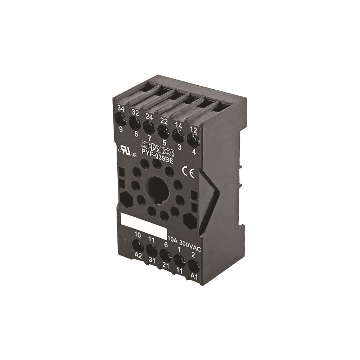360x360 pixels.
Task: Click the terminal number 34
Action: point(121,109)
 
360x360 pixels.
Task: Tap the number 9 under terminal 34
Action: point(121,130)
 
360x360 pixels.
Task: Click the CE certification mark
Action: point(188,173)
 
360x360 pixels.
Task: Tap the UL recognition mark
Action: point(127,152)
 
